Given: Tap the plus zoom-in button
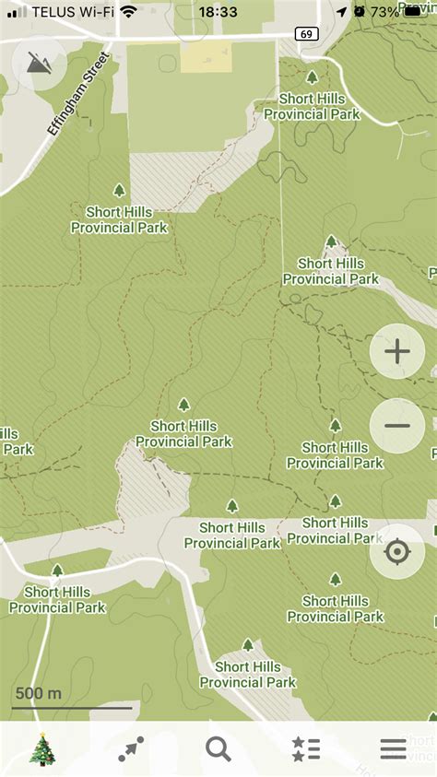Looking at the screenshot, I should click(x=397, y=351).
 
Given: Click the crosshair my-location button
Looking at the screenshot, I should click(x=397, y=552).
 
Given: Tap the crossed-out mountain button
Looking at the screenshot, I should click(x=40, y=63).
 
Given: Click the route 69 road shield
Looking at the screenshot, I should click(x=306, y=34).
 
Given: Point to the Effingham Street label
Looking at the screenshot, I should click(x=79, y=95).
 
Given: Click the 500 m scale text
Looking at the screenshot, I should click(x=39, y=693).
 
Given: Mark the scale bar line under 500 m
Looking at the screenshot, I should click(x=72, y=708).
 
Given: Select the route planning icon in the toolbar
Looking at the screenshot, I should click(x=131, y=749).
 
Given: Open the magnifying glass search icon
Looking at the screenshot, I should click(x=218, y=749).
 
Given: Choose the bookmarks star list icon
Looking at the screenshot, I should click(x=305, y=749).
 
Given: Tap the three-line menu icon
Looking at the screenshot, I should click(x=393, y=749).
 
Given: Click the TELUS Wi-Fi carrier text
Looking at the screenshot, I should click(x=73, y=12).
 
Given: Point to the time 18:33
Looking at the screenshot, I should click(x=218, y=12).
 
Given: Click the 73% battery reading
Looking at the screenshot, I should click(x=385, y=12).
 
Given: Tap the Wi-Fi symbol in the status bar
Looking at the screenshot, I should click(x=128, y=12).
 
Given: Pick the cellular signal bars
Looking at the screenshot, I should click(x=17, y=12).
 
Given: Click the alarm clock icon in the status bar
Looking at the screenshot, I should click(x=359, y=12).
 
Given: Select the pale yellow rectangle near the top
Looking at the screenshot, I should click(x=206, y=57).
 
